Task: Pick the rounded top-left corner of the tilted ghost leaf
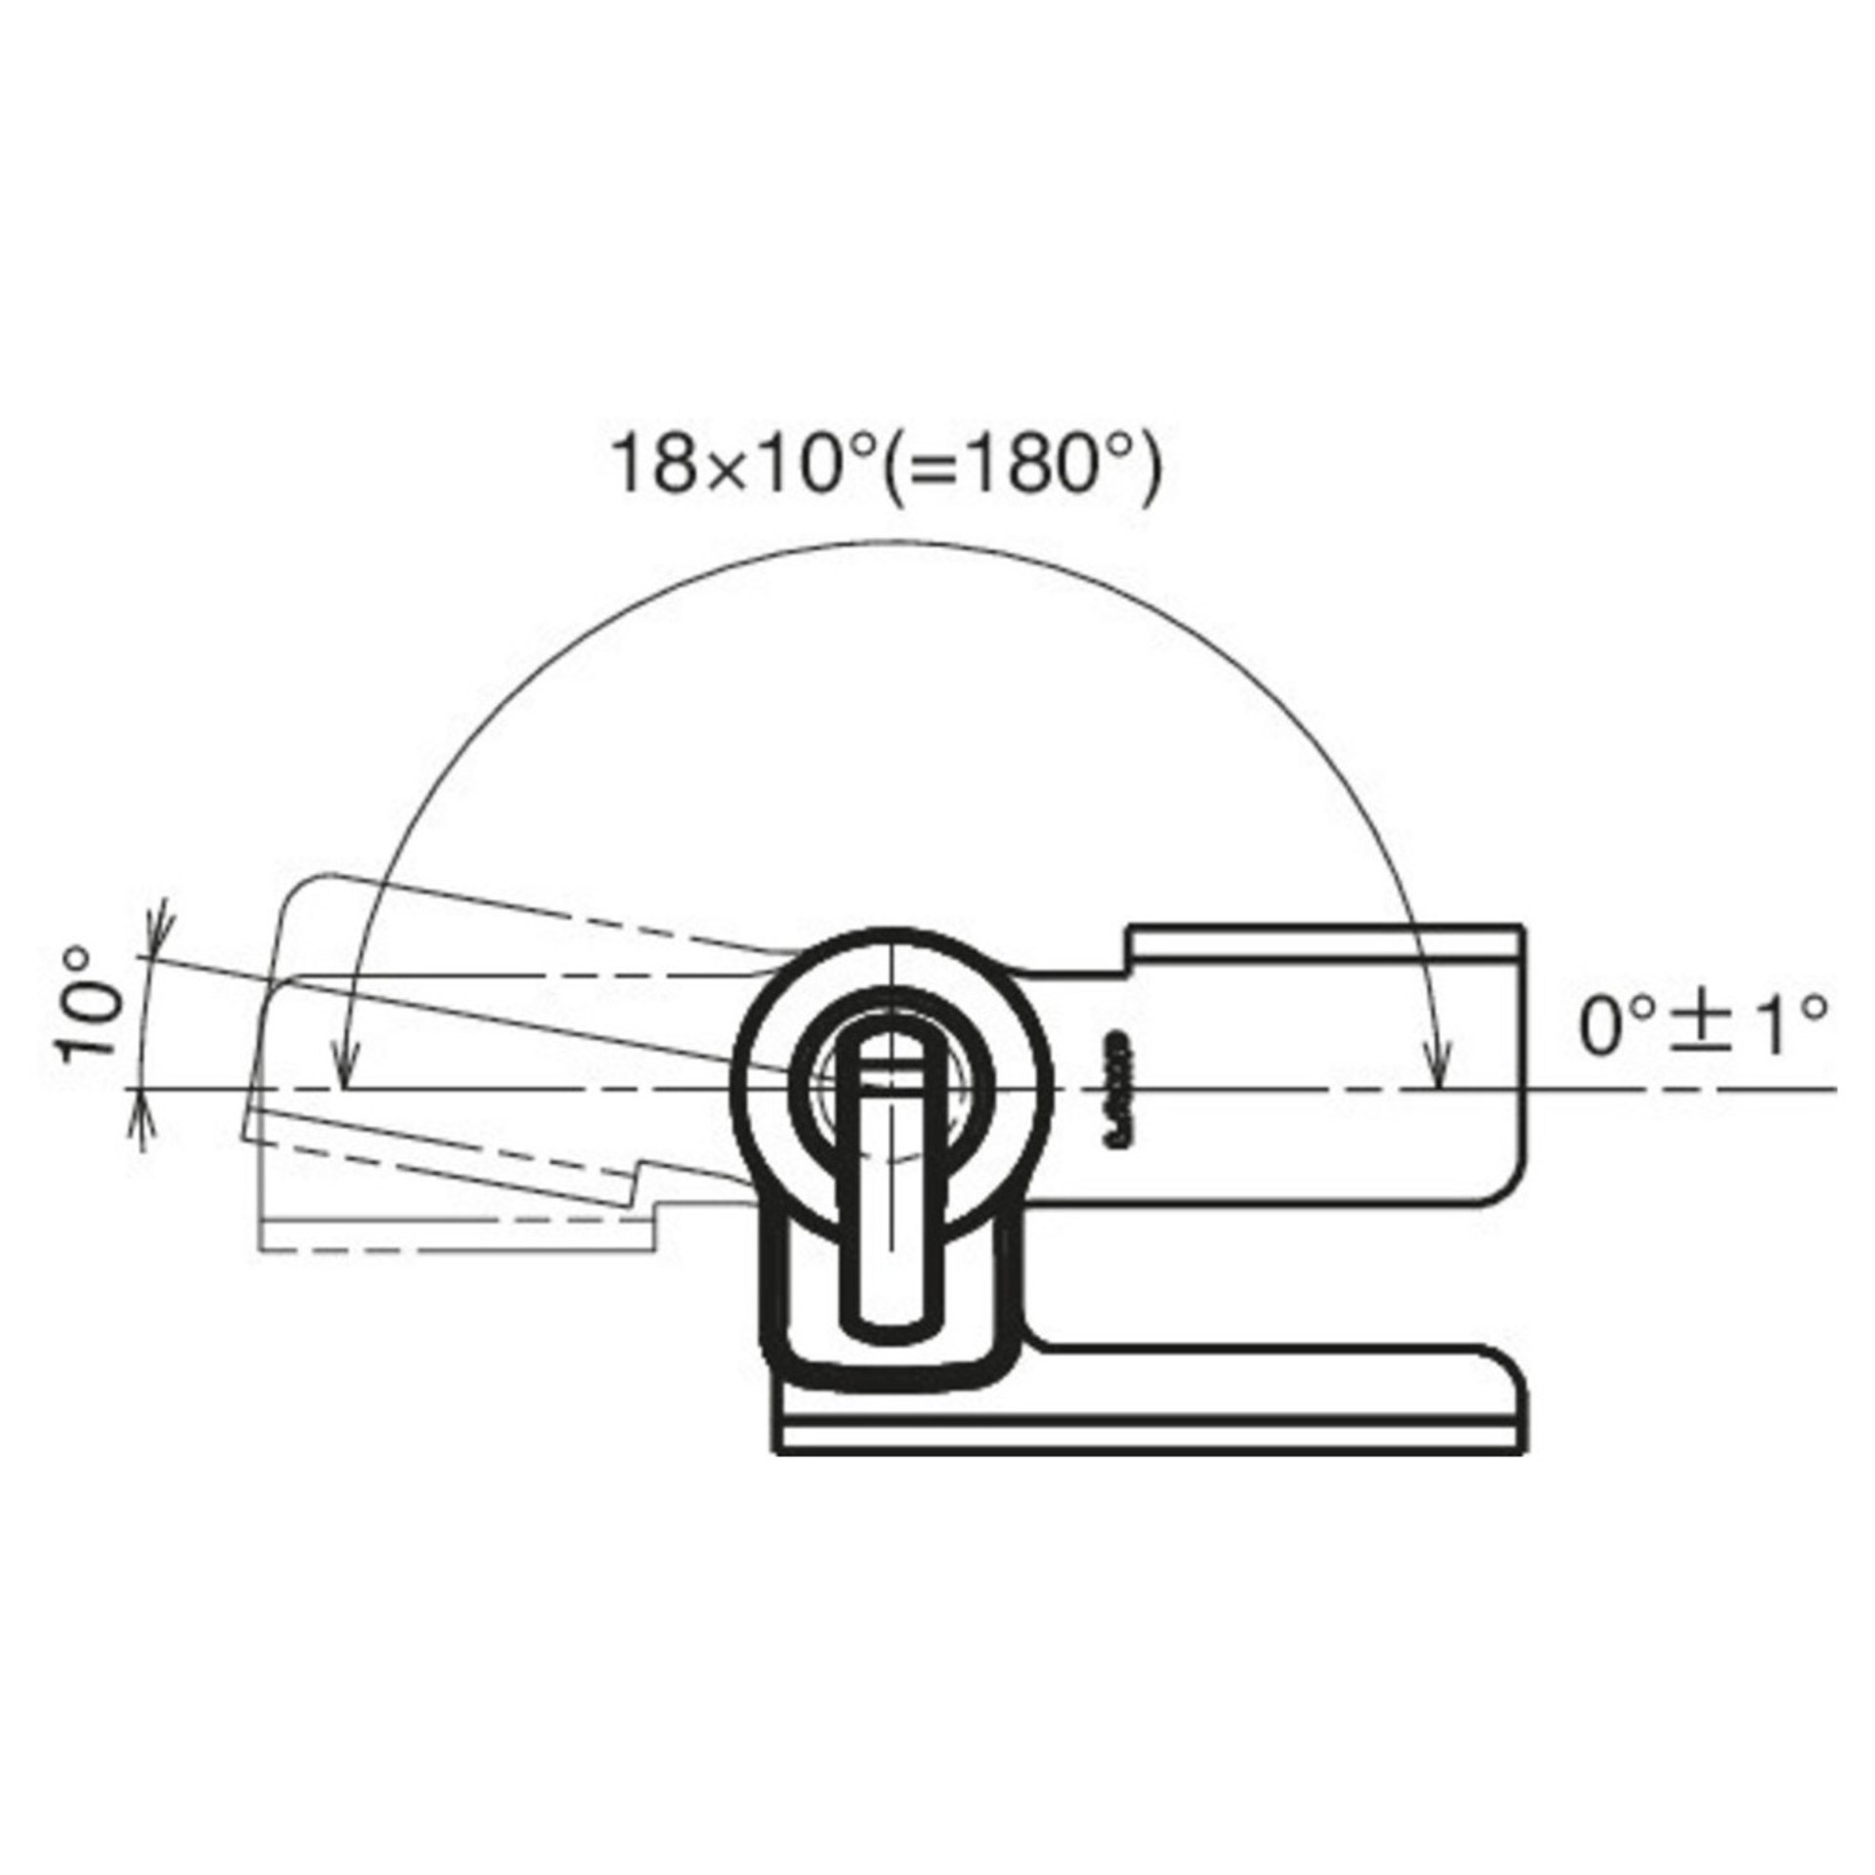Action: pos(293,894)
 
